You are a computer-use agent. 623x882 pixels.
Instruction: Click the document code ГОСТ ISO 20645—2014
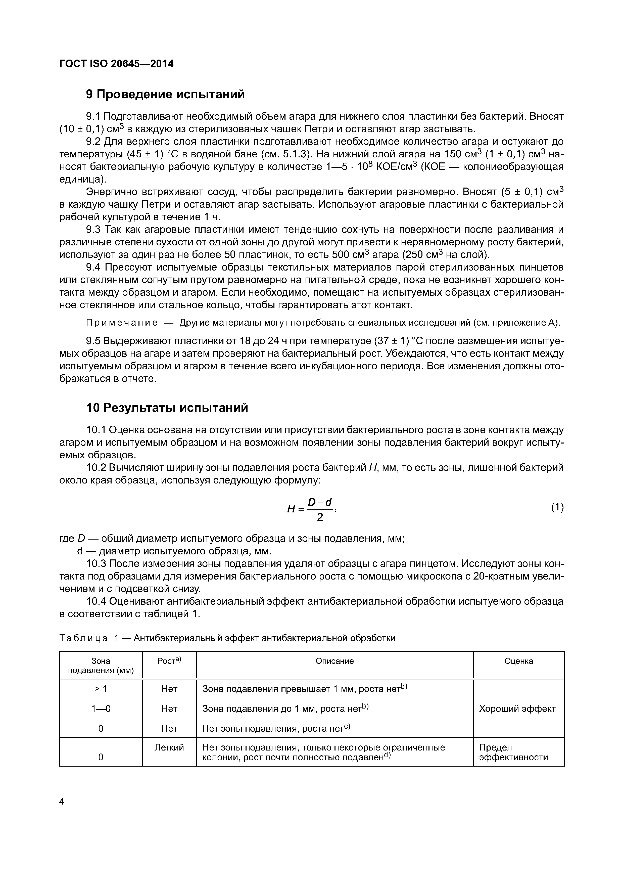pos(116,64)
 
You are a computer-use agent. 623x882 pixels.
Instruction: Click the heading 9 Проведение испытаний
pos(165,94)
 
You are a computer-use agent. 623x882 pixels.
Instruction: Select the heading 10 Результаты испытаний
pos(167,408)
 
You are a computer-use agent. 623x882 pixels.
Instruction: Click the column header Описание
pos(334,661)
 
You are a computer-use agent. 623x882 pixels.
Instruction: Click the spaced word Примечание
pos(121,323)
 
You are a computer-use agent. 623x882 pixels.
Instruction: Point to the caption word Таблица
pos(83,638)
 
